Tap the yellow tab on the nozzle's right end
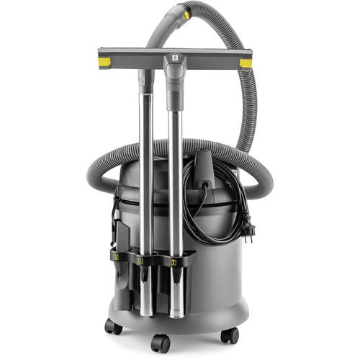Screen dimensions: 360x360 point(246,63)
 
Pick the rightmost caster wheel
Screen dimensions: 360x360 point(230,335)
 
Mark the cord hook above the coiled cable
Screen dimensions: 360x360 point(204,163)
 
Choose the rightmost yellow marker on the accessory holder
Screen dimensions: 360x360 point(171,264)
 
